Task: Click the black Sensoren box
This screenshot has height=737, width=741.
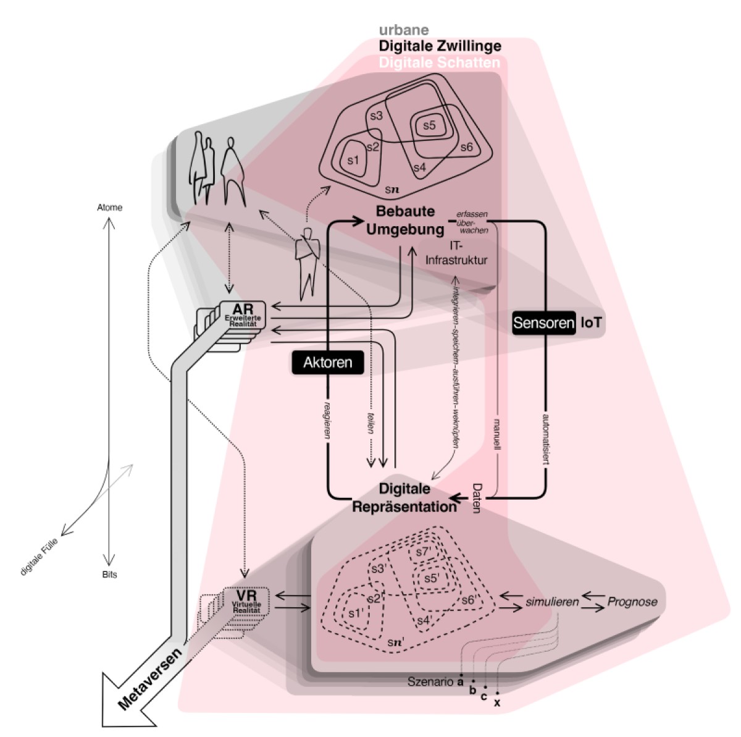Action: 543,322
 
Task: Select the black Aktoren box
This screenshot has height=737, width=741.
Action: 327,362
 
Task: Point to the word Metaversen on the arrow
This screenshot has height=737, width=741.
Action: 150,678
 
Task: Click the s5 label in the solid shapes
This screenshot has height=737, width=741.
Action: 429,125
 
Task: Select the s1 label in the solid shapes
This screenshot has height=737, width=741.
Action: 353,160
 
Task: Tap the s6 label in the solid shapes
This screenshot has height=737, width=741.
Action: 466,147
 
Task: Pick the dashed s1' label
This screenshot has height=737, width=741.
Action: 354,613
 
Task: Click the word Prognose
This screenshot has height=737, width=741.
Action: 632,601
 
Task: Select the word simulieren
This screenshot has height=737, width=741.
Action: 552,601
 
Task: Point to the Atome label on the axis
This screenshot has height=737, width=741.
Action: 110,208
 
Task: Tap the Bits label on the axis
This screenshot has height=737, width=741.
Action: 109,575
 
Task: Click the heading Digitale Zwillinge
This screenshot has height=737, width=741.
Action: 440,46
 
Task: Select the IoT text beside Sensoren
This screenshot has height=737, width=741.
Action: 591,322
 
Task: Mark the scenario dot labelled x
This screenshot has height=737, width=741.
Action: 497,693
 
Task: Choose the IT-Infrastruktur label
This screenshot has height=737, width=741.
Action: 456,253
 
